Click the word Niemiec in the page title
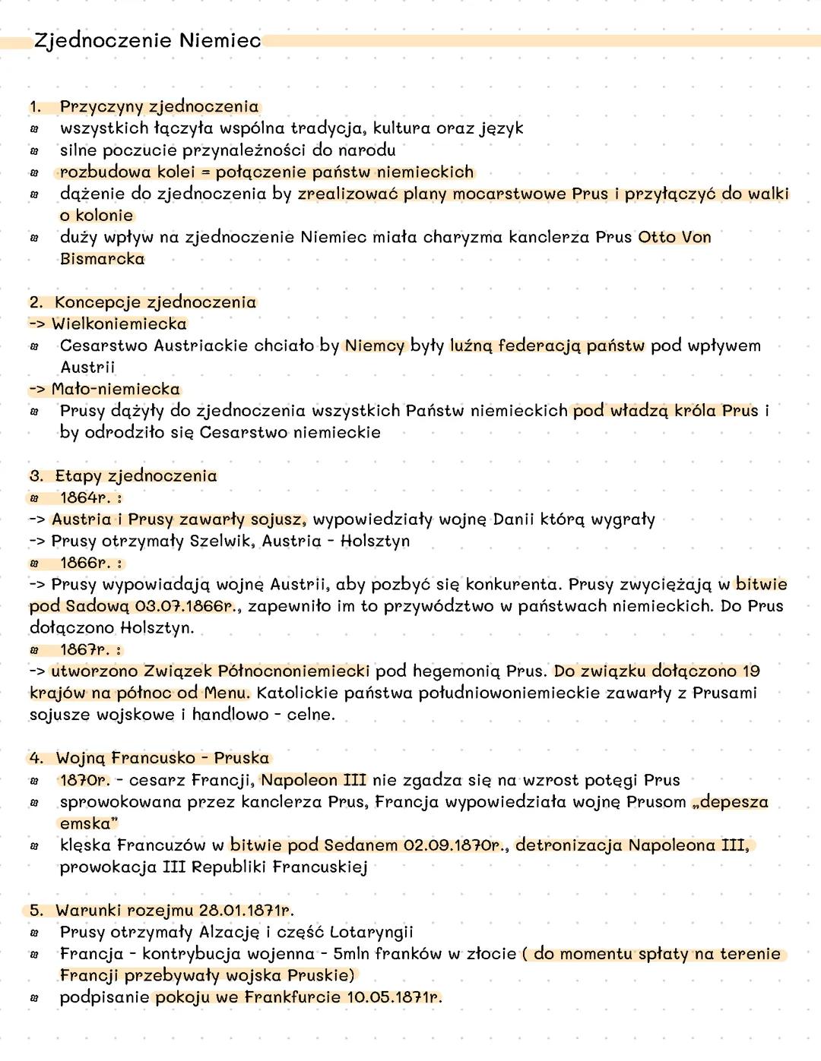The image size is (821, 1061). pyautogui.click(x=220, y=40)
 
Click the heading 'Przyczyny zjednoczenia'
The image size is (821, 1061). pyautogui.click(x=159, y=106)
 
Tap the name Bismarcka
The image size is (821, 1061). pyautogui.click(x=102, y=259)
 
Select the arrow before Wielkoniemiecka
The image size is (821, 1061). pyautogui.click(x=37, y=324)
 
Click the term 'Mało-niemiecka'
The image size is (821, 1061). pyautogui.click(x=116, y=390)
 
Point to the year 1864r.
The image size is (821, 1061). pyautogui.click(x=85, y=498)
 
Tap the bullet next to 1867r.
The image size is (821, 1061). pyautogui.click(x=34, y=650)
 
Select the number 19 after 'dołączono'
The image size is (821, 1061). pyautogui.click(x=751, y=671)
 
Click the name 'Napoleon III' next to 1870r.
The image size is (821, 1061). pyautogui.click(x=314, y=780)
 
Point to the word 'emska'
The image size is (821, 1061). pyautogui.click(x=85, y=824)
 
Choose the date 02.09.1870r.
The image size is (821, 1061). pyautogui.click(x=455, y=845)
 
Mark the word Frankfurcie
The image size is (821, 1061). pyautogui.click(x=293, y=997)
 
